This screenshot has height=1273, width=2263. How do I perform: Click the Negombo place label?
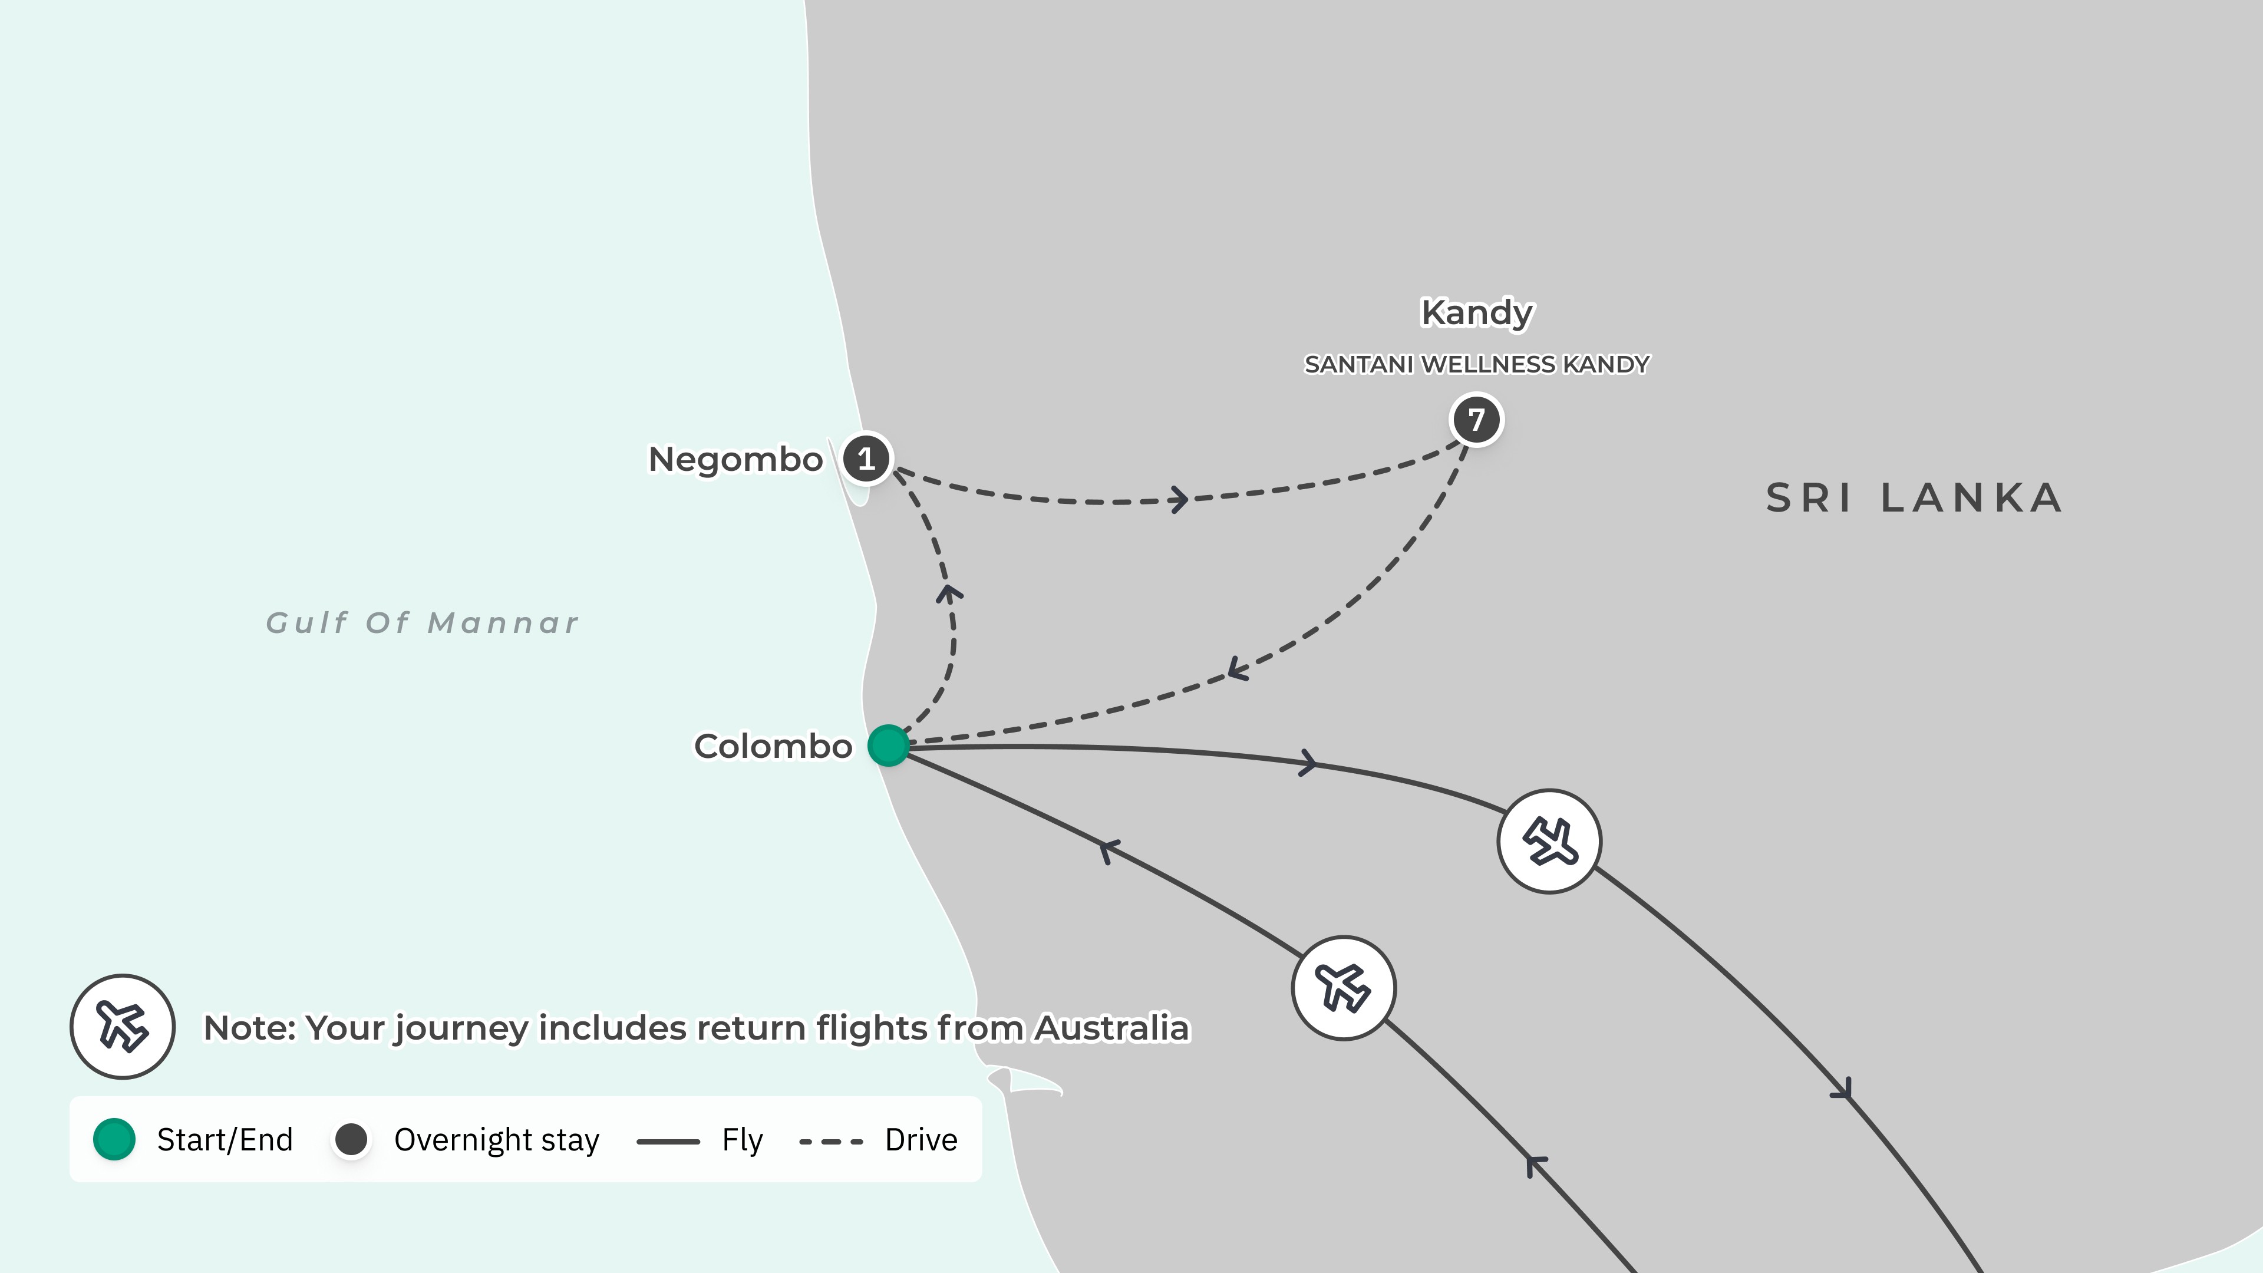click(x=735, y=460)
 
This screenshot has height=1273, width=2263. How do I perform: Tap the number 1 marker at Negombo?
click(x=866, y=459)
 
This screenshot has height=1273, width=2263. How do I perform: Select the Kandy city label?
click(x=1477, y=313)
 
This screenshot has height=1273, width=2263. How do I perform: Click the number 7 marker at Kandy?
click(x=1476, y=420)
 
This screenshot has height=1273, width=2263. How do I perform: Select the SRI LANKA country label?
click(x=1914, y=498)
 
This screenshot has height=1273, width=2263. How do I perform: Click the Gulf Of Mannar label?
click(x=423, y=623)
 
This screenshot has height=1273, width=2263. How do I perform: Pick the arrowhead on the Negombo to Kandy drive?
click(x=1179, y=500)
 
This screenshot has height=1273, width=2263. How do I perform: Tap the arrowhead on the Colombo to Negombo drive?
click(x=948, y=594)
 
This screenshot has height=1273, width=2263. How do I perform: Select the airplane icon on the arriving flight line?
click(x=1343, y=988)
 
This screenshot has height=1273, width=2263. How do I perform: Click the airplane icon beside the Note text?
click(x=122, y=1026)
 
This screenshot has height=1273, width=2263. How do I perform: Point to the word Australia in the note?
click(x=1111, y=1028)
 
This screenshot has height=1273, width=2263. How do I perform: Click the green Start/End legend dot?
click(x=114, y=1139)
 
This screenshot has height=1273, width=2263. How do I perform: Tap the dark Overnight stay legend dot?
click(x=351, y=1139)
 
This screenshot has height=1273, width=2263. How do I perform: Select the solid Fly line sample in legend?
click(x=668, y=1141)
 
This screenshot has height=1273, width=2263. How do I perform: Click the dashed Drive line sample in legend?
click(x=831, y=1141)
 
